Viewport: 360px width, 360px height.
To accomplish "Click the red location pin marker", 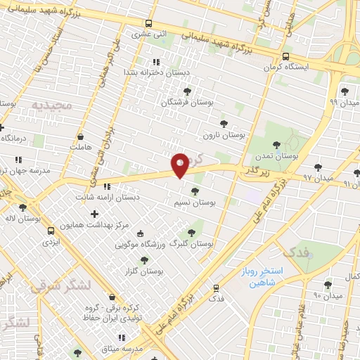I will pyautogui.click(x=181, y=166).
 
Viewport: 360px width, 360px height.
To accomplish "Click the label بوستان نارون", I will pyautogui.click(x=223, y=134).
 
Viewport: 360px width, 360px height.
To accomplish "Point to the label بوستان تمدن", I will pyautogui.click(x=295, y=155).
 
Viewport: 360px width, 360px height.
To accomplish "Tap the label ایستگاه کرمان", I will pyautogui.click(x=285, y=67).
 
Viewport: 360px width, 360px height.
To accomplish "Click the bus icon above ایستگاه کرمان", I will pyautogui.click(x=285, y=56).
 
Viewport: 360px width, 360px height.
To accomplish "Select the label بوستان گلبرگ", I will pyautogui.click(x=192, y=244).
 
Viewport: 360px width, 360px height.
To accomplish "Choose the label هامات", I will pyautogui.click(x=81, y=147).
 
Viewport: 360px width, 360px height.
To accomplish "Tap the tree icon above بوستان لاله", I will pyautogui.click(x=23, y=207).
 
